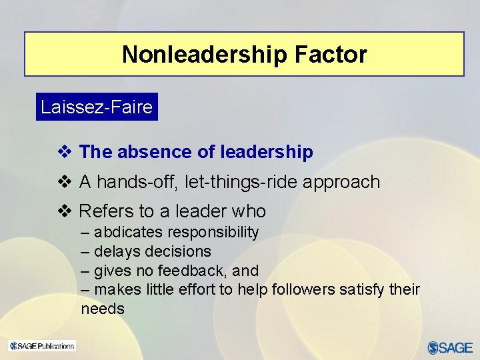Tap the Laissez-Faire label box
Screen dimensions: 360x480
[97, 107]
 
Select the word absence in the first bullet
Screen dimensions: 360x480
[155, 152]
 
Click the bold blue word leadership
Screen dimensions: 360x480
[267, 152]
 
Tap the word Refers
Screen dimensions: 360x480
[106, 211]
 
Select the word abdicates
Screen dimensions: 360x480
[127, 232]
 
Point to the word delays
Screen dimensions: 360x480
[115, 251]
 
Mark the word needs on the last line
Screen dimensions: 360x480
[103, 309]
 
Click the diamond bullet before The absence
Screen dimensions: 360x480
[65, 152]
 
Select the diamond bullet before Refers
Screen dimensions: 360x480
[65, 211]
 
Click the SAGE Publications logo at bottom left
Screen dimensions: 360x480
[42, 345]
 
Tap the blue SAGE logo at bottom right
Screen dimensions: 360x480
[450, 347]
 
